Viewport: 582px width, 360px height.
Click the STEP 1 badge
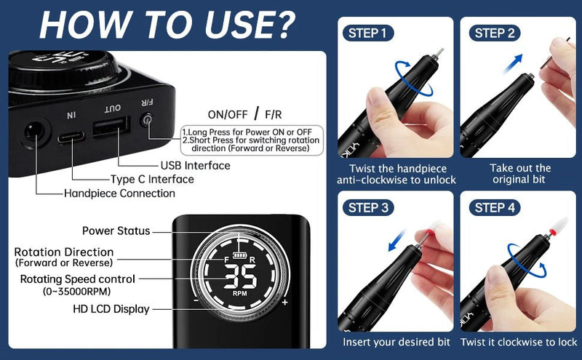[x=370, y=33]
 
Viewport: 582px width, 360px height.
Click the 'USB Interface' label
[x=195, y=166]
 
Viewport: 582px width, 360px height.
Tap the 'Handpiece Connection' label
[x=119, y=193]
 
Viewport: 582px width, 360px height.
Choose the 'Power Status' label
[x=116, y=231]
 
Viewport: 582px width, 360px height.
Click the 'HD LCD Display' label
[x=111, y=309]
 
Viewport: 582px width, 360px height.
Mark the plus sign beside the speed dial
[x=284, y=301]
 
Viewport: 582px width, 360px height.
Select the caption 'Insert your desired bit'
[x=396, y=342]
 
